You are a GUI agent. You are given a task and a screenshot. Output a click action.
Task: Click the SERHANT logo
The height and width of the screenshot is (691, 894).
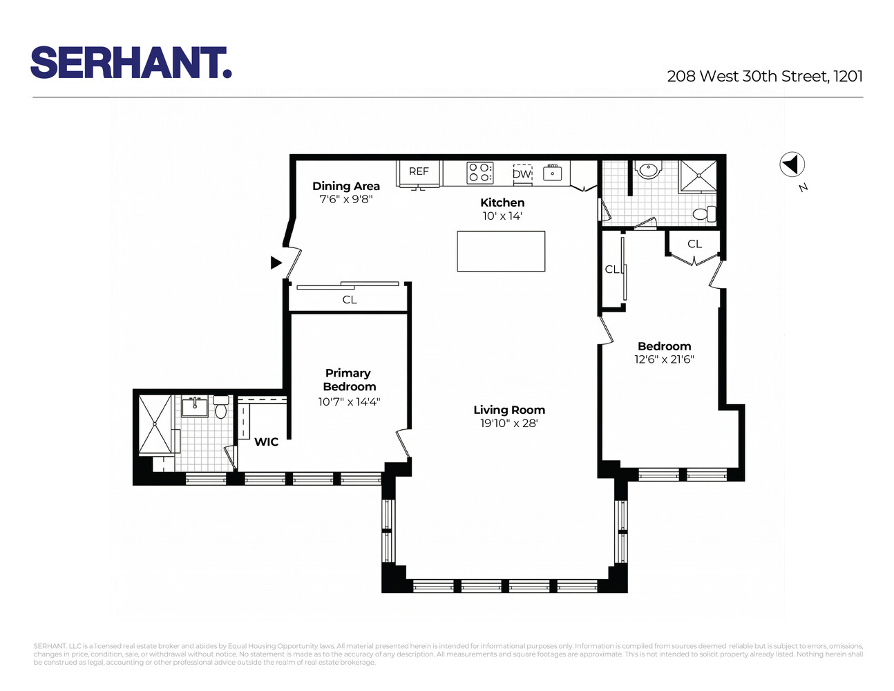tap(131, 63)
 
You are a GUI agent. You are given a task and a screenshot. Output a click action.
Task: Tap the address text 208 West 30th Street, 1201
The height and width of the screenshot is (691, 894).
tap(765, 76)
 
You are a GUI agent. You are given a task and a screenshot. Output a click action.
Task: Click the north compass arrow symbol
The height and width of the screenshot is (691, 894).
tap(792, 164)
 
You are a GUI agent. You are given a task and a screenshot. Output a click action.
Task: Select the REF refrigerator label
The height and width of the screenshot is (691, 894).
tap(419, 171)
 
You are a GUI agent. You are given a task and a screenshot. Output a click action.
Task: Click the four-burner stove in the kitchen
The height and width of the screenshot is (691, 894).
tap(480, 172)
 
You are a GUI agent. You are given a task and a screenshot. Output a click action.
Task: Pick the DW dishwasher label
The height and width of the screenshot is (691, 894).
tap(522, 174)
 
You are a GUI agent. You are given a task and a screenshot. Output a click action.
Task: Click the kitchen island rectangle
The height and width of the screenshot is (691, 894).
tap(501, 251)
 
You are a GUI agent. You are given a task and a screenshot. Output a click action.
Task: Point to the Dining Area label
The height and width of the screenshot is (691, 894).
tap(346, 186)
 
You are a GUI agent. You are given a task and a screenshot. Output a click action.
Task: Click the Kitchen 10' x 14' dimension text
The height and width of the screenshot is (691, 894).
tap(502, 216)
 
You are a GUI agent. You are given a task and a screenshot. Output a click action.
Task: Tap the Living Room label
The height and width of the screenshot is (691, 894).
tap(509, 410)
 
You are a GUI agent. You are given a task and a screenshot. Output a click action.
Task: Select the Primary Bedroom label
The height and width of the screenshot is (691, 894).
tap(349, 380)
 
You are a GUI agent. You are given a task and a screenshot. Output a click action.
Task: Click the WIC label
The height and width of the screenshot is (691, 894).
tap(266, 442)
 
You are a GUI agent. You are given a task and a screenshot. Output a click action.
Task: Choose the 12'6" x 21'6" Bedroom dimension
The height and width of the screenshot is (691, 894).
tap(664, 359)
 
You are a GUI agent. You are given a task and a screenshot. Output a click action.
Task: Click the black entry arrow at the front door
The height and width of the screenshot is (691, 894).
tap(276, 263)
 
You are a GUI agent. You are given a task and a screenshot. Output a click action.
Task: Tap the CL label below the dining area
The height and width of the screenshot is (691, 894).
tap(350, 300)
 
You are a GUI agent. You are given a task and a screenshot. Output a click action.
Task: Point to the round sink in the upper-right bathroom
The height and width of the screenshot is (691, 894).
tap(648, 169)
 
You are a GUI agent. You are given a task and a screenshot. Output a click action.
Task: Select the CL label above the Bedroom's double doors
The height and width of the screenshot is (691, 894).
tap(694, 244)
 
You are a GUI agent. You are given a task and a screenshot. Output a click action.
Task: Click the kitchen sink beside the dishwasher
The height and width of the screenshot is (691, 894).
tap(552, 173)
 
